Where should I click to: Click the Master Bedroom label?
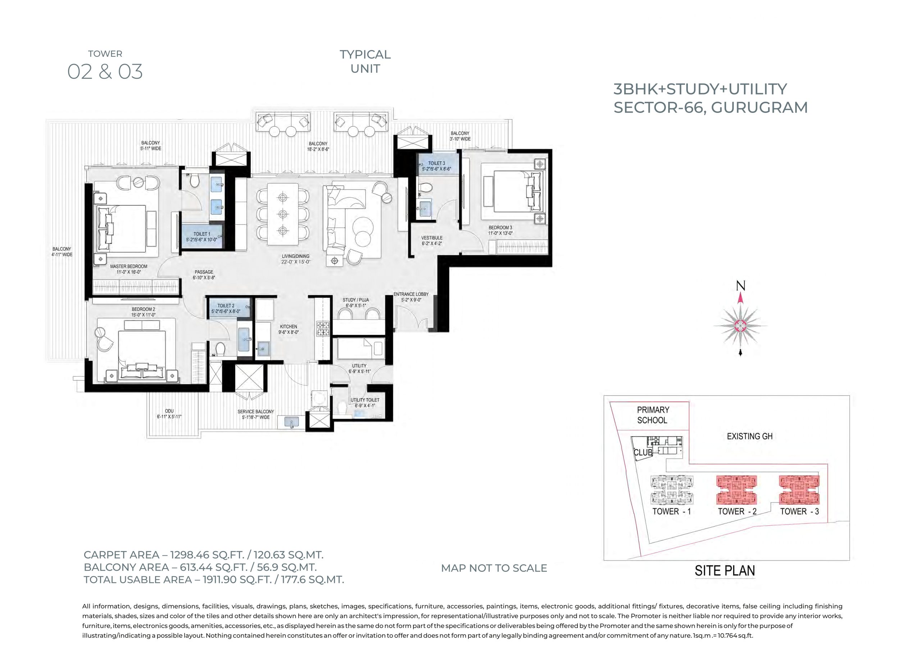coord(128,269)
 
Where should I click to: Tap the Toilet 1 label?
coord(201,237)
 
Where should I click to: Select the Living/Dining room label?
coord(295,259)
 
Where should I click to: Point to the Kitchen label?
coord(289,329)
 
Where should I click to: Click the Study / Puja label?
coord(355,303)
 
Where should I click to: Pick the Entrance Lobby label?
coord(411,297)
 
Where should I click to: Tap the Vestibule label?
coord(432,241)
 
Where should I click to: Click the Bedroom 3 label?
coord(500,231)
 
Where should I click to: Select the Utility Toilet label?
coord(365,403)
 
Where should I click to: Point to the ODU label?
coord(169,414)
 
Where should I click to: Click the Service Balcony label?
coord(255,414)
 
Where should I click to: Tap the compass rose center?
coord(740,325)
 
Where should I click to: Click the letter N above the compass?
coord(741,286)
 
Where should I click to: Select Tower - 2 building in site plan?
coord(737,490)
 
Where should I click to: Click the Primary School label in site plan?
coord(653,415)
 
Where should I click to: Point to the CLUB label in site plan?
coord(643,452)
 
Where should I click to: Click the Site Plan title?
coord(725,570)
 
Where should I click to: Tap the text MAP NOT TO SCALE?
coord(494,568)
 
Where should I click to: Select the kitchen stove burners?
coord(323,328)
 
